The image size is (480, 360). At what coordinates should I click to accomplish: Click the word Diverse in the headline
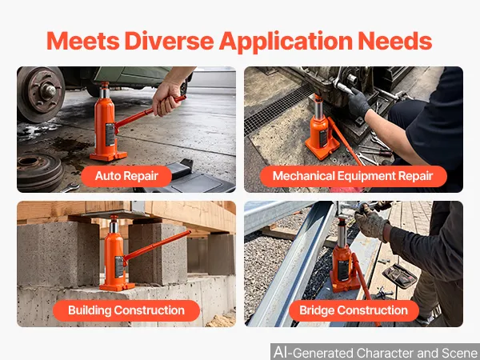point(169,41)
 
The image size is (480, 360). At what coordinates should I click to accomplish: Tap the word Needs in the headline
point(395,41)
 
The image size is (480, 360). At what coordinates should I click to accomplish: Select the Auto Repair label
point(126,176)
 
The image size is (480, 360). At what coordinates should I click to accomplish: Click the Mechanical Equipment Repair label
point(353,176)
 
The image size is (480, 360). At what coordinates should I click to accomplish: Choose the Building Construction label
point(126,310)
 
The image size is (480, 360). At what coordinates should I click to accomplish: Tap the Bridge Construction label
point(354,310)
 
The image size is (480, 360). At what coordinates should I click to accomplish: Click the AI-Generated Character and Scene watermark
point(375,352)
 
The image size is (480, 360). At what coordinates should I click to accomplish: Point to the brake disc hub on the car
point(40,93)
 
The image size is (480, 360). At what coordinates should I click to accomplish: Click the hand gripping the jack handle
point(167,98)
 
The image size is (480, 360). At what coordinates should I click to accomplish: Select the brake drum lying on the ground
point(39,171)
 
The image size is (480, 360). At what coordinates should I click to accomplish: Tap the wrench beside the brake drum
point(70,187)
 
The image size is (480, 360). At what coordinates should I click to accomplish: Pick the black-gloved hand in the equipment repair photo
point(358,103)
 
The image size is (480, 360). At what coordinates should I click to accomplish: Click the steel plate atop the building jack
point(109,214)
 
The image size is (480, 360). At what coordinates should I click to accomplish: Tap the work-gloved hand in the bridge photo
point(371,222)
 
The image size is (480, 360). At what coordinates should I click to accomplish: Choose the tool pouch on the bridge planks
point(400,276)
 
